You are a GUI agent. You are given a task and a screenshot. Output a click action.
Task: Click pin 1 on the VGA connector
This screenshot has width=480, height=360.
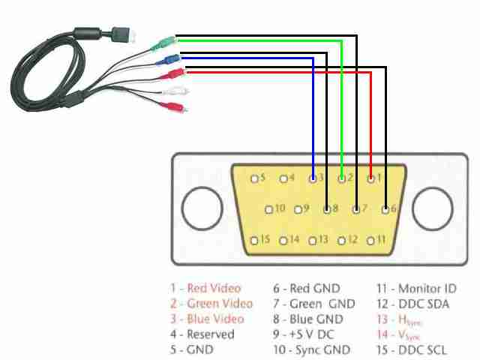tap(370, 178)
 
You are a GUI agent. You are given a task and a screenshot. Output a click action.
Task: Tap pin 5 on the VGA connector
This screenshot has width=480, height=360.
tap(255, 178)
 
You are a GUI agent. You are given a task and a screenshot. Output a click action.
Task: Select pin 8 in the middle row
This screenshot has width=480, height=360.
tap(327, 208)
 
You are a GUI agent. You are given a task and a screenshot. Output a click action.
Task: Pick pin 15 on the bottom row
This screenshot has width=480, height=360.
tap(255, 240)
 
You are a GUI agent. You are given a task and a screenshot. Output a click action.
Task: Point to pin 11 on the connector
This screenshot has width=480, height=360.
tap(370, 240)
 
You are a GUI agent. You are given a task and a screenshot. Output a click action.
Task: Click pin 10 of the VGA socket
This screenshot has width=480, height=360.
tap(269, 208)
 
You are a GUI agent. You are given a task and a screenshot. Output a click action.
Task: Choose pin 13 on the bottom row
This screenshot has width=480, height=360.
tap(313, 240)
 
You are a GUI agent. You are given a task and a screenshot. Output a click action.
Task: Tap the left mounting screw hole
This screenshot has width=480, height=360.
tap(201, 209)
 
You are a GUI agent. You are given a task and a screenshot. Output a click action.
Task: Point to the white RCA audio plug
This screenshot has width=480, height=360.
tap(178, 92)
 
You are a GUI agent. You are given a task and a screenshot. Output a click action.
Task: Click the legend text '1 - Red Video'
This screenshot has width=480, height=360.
tap(205, 288)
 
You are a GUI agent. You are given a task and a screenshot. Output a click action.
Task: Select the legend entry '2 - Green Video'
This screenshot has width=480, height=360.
tap(211, 304)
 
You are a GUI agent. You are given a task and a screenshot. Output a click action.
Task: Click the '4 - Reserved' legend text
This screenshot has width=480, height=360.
tap(202, 334)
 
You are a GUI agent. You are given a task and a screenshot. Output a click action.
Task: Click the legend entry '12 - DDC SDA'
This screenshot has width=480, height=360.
tap(412, 304)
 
